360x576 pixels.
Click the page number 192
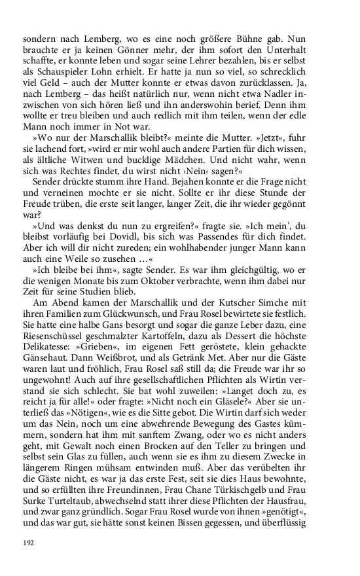tap(27, 543)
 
